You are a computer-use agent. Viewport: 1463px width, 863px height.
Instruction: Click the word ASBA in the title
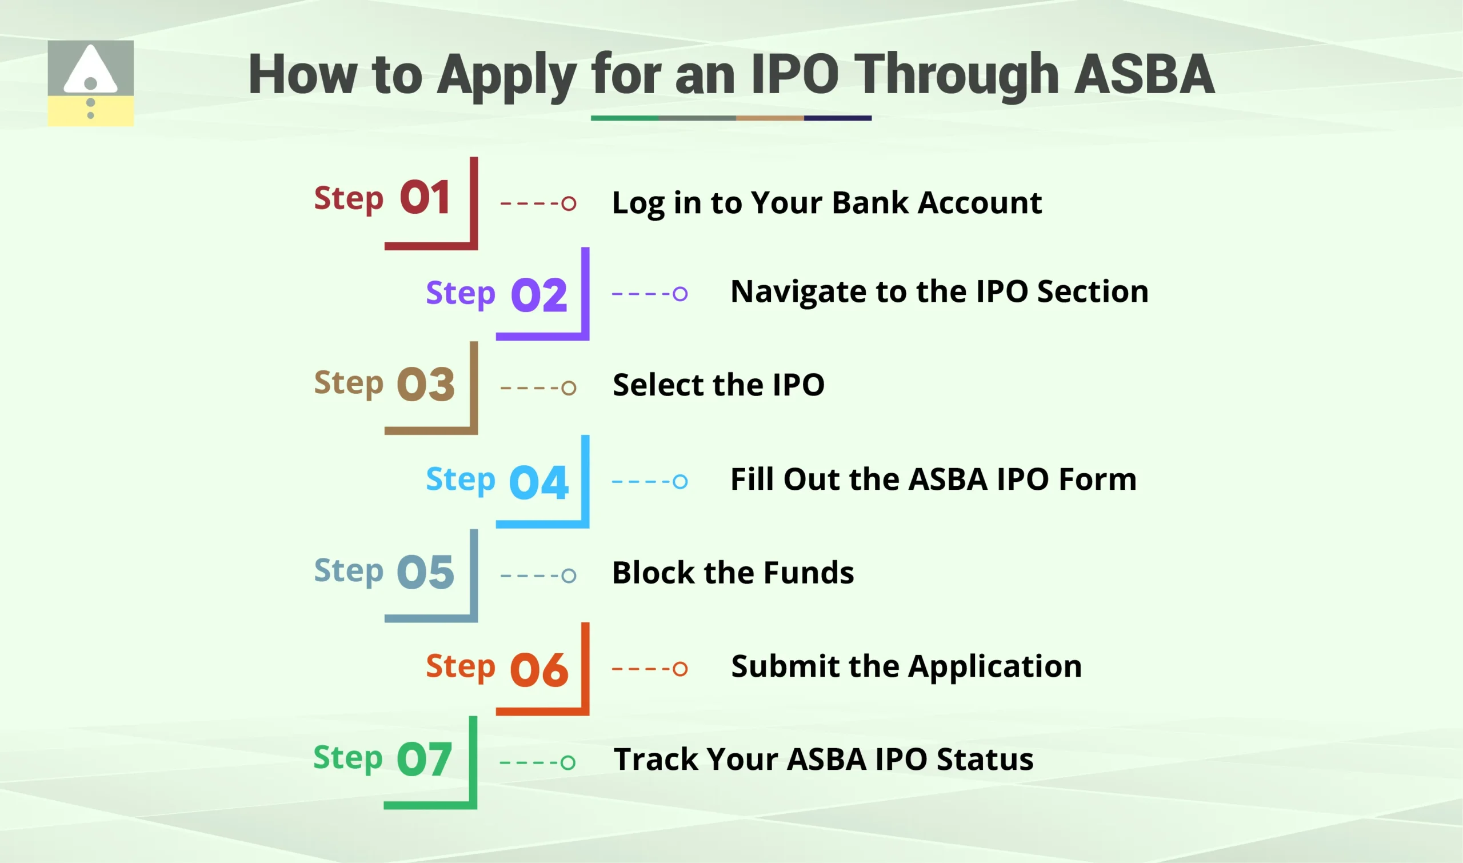click(1144, 74)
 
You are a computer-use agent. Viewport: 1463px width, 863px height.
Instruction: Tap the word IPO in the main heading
click(795, 74)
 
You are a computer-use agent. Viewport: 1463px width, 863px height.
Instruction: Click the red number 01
click(425, 198)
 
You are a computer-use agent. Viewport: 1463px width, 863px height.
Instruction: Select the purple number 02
click(538, 295)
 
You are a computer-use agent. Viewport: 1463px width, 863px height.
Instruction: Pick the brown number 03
click(425, 385)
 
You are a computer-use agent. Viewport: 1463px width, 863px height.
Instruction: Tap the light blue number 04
click(538, 482)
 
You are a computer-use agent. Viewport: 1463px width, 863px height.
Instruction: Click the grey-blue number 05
click(425, 572)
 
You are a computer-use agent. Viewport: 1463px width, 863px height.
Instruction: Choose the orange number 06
click(538, 669)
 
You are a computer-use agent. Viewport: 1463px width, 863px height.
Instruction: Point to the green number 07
click(424, 760)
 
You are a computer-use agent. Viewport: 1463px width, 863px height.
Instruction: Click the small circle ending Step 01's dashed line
click(569, 203)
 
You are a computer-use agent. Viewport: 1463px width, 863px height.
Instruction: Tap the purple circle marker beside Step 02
click(679, 294)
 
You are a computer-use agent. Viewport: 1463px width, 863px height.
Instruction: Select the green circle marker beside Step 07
click(568, 762)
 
